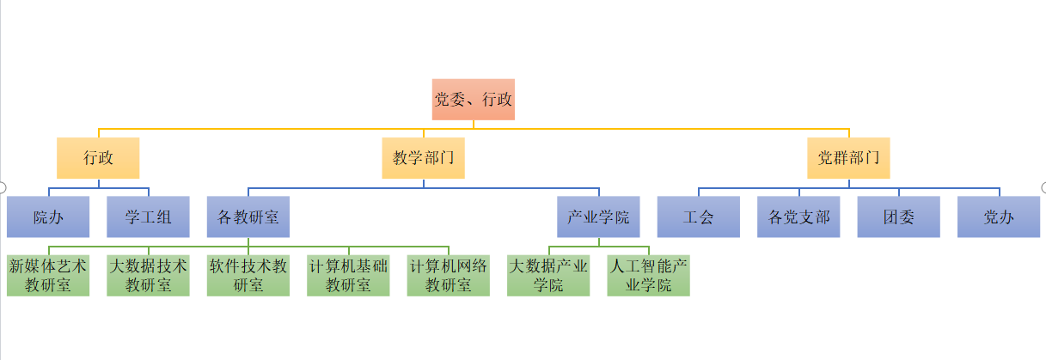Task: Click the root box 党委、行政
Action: pos(473,100)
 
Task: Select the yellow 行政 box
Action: pos(98,158)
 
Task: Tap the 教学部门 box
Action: pos(423,158)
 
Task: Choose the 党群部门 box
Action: pos(848,158)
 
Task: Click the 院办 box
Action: pos(48,217)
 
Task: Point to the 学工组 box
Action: pos(148,217)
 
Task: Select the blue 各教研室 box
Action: pos(248,217)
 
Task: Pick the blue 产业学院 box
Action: pos(598,217)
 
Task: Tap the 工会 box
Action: pos(698,217)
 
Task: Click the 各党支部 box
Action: pos(798,217)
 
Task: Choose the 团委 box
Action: pos(898,217)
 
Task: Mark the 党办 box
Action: pos(999,217)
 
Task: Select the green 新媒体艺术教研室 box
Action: pos(48,275)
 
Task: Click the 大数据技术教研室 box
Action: pos(148,275)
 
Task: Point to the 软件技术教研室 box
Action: pos(248,275)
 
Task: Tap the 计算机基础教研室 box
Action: pos(348,275)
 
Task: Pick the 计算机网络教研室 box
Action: pos(448,275)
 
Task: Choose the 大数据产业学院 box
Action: pos(548,275)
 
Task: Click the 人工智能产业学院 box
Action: pos(648,275)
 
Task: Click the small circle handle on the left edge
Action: pos(3,187)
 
